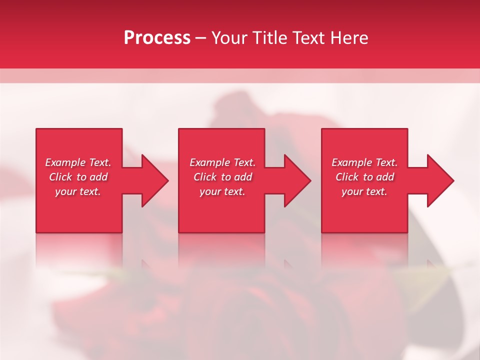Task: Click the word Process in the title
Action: coord(157,38)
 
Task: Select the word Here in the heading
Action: coord(349,38)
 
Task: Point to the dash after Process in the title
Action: coord(201,38)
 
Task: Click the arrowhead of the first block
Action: coord(154,180)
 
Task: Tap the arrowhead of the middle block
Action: coord(297,180)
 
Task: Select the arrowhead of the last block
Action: coord(439,180)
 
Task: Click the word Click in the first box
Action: coord(60,177)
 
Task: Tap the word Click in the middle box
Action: coord(204,177)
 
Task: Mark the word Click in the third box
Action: coord(346,177)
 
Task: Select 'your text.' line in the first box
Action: coord(78,191)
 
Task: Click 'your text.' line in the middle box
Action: coord(222,191)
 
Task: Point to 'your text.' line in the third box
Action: coord(364,191)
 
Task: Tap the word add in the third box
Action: coord(385,177)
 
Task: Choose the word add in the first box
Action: coord(99,177)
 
